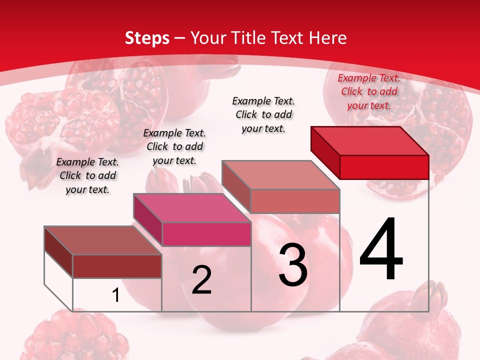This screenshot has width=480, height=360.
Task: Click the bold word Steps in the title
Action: point(147,38)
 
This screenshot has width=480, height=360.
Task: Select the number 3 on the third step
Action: point(293,264)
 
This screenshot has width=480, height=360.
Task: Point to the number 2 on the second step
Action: point(201,280)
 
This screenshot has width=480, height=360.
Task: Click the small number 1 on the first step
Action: point(116,295)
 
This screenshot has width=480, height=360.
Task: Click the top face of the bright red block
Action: point(370,140)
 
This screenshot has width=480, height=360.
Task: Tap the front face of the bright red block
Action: point(384,167)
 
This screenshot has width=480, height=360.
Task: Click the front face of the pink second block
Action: point(206,234)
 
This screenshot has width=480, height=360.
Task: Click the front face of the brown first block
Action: point(117,266)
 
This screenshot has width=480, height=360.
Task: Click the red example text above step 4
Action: point(369,91)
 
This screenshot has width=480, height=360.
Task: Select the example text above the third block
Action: point(263,114)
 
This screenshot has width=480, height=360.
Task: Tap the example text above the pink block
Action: point(174,146)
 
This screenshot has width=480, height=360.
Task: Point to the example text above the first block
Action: point(87,175)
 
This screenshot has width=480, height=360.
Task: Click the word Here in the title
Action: point(328,38)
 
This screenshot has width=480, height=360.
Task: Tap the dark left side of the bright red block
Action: point(325,152)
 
